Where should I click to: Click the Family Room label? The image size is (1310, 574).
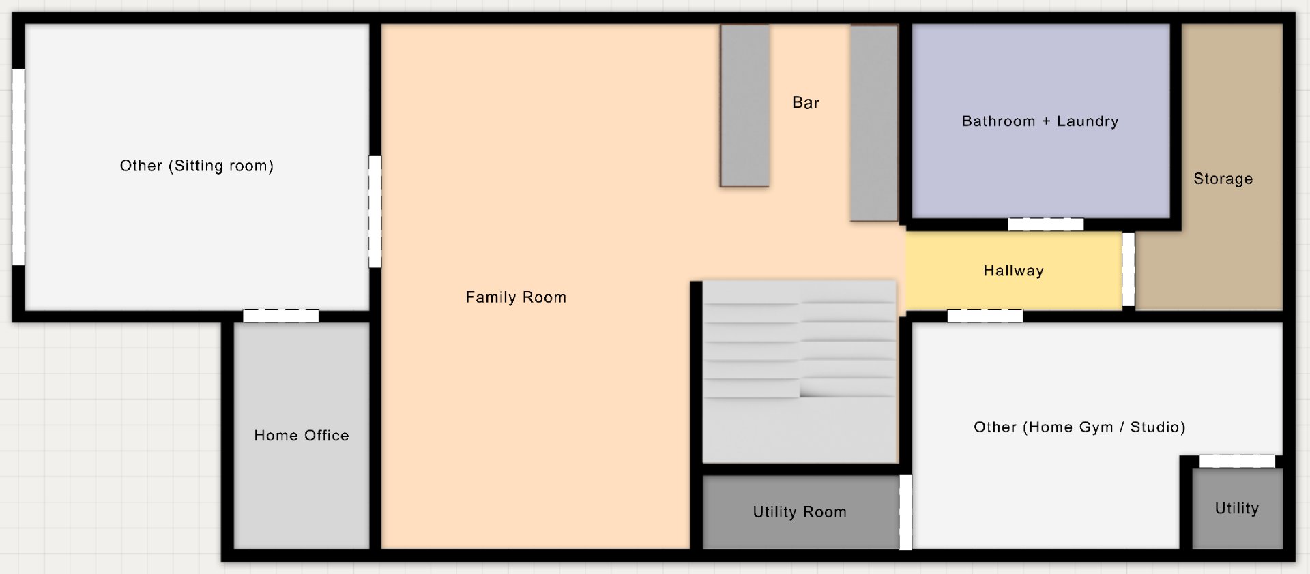516,297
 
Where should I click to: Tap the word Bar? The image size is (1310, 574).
806,102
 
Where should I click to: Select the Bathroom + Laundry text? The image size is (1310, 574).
1040,121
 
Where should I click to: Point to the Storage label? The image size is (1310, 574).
1223,179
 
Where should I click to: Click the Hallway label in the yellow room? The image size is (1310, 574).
1014,271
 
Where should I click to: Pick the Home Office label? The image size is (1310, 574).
302,435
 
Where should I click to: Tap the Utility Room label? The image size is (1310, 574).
800,512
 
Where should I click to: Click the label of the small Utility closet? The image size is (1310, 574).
1237,508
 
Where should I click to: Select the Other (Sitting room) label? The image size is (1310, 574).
196,166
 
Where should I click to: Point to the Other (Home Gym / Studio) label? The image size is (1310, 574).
1079,427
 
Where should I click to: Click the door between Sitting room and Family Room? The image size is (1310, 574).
375,211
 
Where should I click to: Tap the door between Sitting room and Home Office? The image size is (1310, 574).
281,316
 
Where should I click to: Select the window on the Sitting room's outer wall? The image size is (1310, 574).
18,166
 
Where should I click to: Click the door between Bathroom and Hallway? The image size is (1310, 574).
1046,224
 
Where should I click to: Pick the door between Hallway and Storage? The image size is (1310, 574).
1129,270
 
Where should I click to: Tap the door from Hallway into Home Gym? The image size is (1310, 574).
985,316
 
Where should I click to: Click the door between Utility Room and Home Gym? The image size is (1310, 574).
905,512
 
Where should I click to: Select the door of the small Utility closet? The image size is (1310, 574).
1237,462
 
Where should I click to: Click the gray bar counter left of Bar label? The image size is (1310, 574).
744,106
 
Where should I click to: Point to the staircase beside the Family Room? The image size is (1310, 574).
800,372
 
